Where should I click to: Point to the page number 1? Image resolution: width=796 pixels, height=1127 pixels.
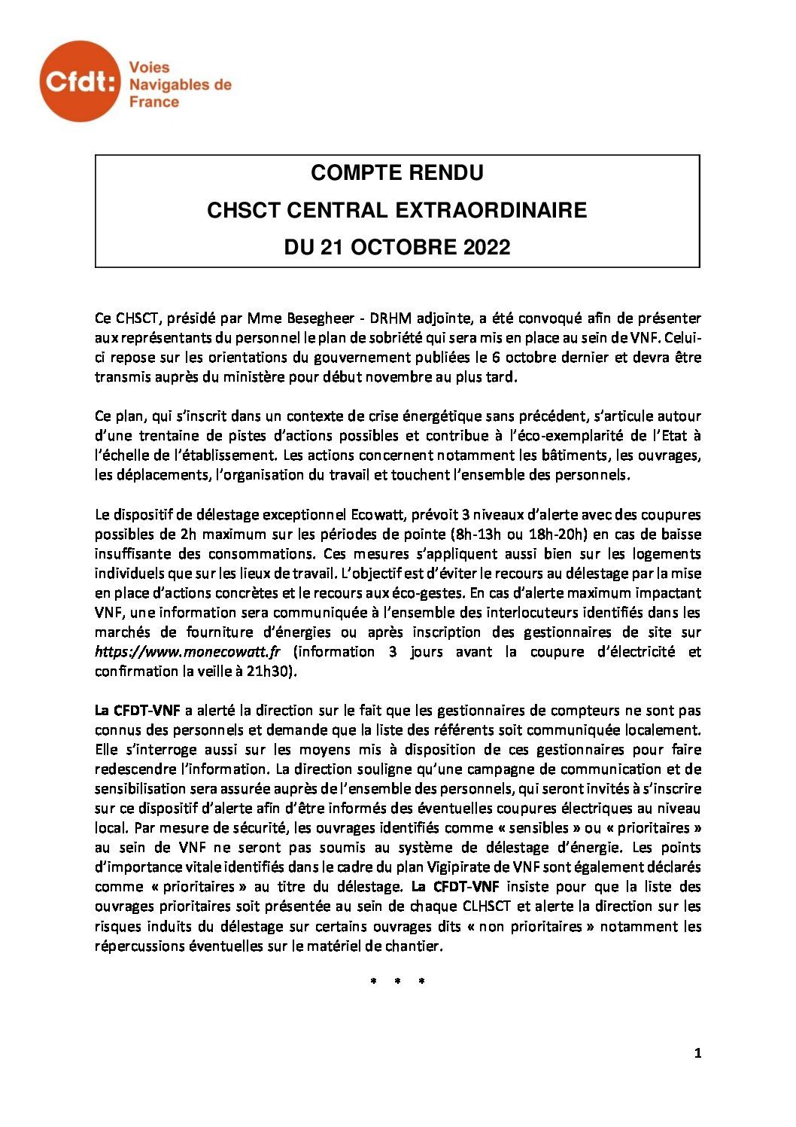tap(697, 1054)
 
